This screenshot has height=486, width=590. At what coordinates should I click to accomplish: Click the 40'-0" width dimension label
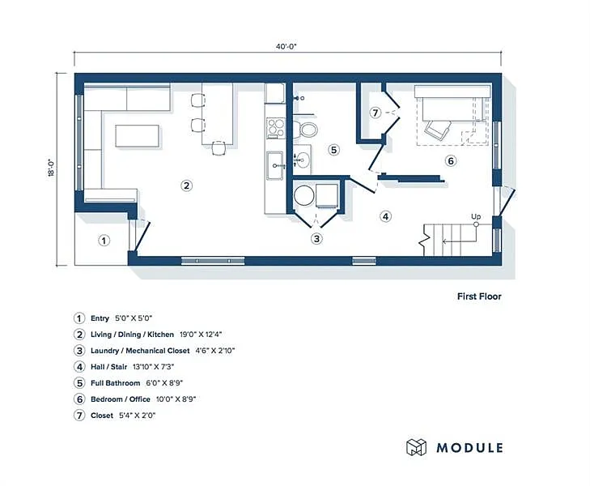pyautogui.click(x=286, y=47)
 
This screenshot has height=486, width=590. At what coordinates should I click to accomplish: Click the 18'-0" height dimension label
pyautogui.click(x=50, y=168)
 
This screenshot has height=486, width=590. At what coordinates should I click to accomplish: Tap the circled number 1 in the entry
pyautogui.click(x=104, y=240)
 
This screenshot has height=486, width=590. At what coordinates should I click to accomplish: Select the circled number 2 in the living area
pyautogui.click(x=186, y=185)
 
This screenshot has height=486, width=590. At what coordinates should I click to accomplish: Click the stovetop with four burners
pyautogui.click(x=276, y=126)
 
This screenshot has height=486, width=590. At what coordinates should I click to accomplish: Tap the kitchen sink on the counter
pyautogui.click(x=276, y=164)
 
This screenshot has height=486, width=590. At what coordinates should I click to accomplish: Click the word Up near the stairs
pyautogui.click(x=477, y=215)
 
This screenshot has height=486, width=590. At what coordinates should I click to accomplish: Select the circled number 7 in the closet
pyautogui.click(x=375, y=113)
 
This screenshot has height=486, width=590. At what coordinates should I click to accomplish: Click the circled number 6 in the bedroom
pyautogui.click(x=452, y=161)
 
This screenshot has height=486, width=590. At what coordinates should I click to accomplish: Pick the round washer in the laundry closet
pyautogui.click(x=303, y=196)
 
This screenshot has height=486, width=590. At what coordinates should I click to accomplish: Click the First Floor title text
pyautogui.click(x=479, y=296)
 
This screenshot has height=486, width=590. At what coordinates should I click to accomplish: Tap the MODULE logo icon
pyautogui.click(x=416, y=447)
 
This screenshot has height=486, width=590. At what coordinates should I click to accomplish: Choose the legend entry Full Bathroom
pyautogui.click(x=117, y=382)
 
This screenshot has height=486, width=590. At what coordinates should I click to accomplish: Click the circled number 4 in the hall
pyautogui.click(x=386, y=216)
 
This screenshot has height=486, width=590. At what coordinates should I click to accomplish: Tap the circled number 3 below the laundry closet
pyautogui.click(x=317, y=238)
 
